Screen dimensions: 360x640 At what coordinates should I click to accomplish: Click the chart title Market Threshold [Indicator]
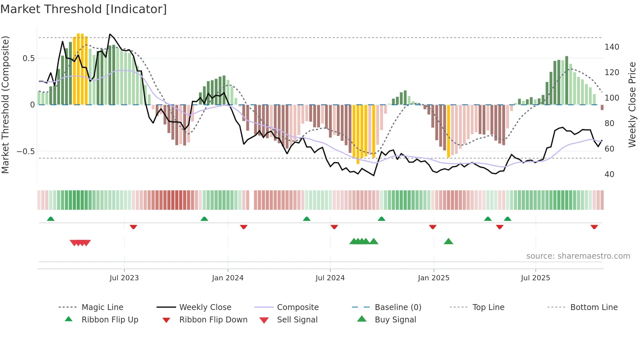pos(84,9)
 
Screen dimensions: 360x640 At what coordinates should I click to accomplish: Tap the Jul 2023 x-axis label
pos(124,278)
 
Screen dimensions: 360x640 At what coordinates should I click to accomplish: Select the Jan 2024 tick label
pos(228,278)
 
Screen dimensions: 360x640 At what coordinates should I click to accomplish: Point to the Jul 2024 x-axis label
pos(330,278)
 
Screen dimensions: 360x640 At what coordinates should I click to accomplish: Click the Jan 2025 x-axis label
pos(433,278)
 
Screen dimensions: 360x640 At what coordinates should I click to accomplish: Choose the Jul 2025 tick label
pos(535,278)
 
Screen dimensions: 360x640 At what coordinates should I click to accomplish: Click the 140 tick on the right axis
pos(612,47)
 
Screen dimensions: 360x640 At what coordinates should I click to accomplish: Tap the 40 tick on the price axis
pos(609,174)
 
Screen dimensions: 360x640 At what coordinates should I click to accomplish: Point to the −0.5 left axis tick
pos(25,152)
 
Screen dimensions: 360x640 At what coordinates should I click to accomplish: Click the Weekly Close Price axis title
pos(632,105)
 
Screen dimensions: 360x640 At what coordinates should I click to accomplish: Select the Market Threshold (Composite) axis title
pos(5,105)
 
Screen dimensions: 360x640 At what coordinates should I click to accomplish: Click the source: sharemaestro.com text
pos(578,256)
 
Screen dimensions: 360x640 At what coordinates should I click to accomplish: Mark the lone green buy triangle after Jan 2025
pos(448,241)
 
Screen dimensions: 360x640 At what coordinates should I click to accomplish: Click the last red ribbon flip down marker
pos(594,227)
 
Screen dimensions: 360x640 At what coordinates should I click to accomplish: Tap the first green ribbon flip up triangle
pos(51,219)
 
